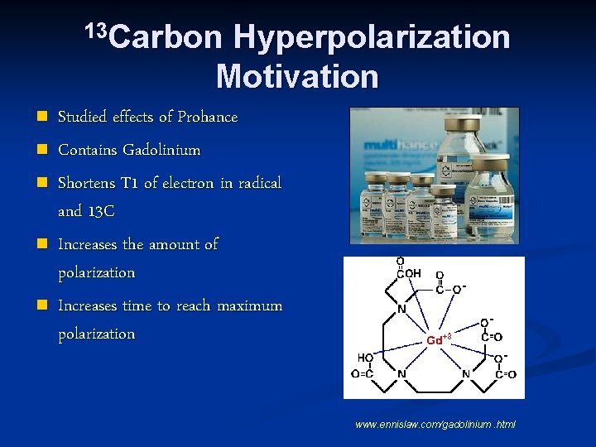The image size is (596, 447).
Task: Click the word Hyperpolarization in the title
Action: coord(372,37)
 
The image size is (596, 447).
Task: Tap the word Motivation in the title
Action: coord(297,77)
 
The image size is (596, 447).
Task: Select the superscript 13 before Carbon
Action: coord(96,31)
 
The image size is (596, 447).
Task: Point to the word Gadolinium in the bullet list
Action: coord(161,151)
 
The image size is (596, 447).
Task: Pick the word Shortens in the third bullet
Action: coord(88,183)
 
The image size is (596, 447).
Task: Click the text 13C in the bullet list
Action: coord(99,212)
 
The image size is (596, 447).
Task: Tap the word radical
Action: coord(260,183)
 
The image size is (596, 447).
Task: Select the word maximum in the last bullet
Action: coord(249,306)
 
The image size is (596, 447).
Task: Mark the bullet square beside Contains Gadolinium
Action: coord(41,151)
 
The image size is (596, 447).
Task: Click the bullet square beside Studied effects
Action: coord(41,118)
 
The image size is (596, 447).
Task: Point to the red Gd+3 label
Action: coord(438,339)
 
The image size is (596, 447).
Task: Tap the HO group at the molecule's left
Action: coord(364,358)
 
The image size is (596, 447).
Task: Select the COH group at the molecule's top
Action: coord(406,274)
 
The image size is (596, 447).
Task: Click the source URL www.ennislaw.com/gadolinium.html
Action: coord(435,424)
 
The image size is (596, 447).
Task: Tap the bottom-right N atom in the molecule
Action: coord(465,374)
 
